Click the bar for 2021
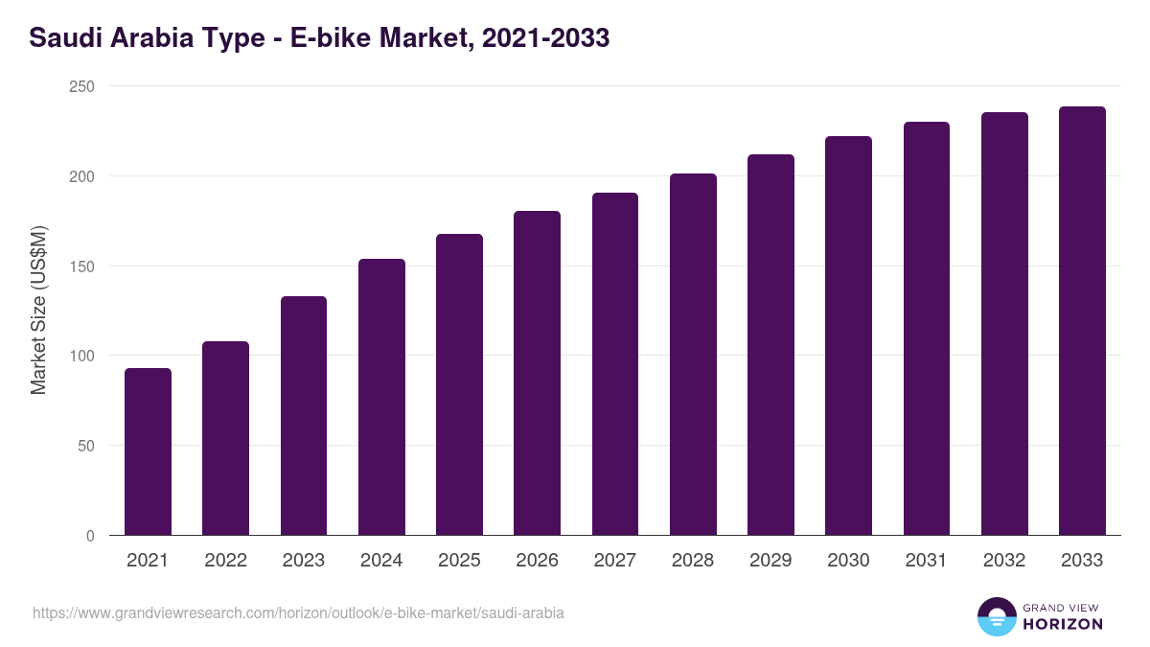coord(148,451)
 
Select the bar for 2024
coord(381,397)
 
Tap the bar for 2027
coord(615,364)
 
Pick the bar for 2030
coord(848,335)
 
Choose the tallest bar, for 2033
coord(1082,321)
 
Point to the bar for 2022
coord(225,438)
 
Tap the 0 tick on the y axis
coord(90,536)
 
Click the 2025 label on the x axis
coord(459,561)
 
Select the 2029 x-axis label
coord(770,561)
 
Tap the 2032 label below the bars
coord(1004,561)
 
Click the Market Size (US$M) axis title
coord(38,311)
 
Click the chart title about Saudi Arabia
coord(319,38)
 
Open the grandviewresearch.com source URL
coord(298,612)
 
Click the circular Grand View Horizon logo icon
coord(996,616)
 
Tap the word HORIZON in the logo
coord(1063,624)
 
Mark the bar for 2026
coord(537,373)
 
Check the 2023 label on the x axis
coord(304,561)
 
